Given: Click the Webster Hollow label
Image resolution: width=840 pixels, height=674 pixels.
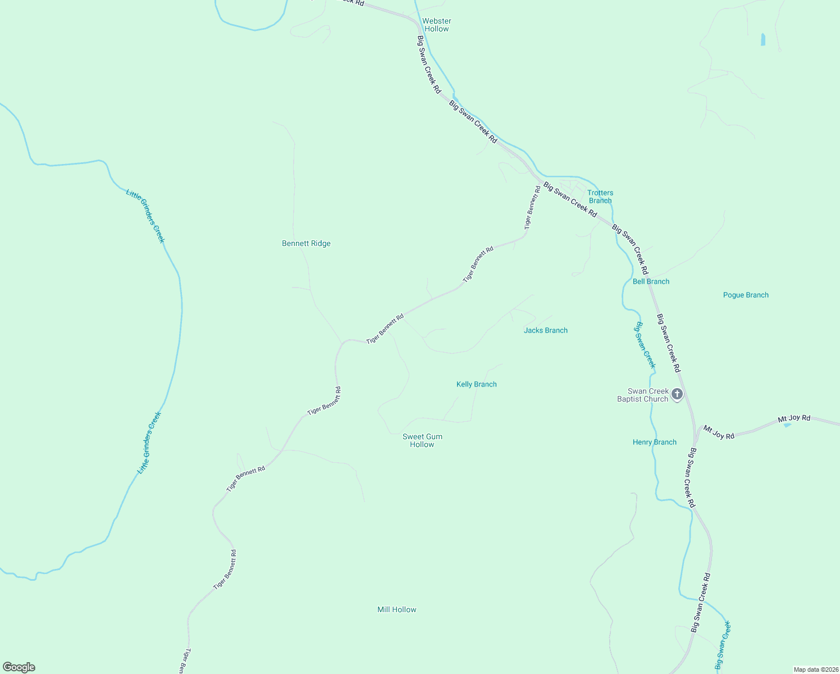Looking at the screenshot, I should [436, 25].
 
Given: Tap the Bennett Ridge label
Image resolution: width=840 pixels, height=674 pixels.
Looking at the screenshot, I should [306, 243].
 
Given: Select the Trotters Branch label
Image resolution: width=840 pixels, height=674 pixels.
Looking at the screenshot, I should [600, 197].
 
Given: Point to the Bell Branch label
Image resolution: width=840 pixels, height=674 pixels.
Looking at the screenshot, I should [651, 281].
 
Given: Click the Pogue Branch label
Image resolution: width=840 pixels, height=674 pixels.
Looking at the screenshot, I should [746, 295].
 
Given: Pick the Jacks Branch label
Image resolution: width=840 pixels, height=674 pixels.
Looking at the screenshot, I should [545, 330].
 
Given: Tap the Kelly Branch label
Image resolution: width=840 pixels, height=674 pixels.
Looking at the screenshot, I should [476, 384].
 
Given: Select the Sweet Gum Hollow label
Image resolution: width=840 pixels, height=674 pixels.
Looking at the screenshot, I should [422, 440].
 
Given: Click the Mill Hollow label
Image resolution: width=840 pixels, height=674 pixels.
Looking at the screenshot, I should [396, 609].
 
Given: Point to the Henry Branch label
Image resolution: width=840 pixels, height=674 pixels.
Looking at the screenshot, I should [654, 442].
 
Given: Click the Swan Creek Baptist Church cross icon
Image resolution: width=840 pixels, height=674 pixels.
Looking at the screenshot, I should [677, 394].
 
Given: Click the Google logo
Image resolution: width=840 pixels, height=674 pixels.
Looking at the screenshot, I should [19, 667].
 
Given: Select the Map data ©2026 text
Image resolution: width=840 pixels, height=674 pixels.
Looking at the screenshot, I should [815, 670].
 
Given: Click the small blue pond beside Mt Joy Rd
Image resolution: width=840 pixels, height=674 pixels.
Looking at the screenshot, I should [787, 425].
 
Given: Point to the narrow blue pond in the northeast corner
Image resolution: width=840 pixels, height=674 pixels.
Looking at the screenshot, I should [763, 39].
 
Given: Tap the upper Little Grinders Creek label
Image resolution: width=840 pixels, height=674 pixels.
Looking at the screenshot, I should [145, 216].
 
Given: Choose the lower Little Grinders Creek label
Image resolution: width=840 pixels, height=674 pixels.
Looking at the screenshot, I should [149, 443].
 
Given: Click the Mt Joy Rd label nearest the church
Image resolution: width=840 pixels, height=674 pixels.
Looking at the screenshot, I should [719, 432].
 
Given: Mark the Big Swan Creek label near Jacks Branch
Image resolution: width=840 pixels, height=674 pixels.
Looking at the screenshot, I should [645, 345].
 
